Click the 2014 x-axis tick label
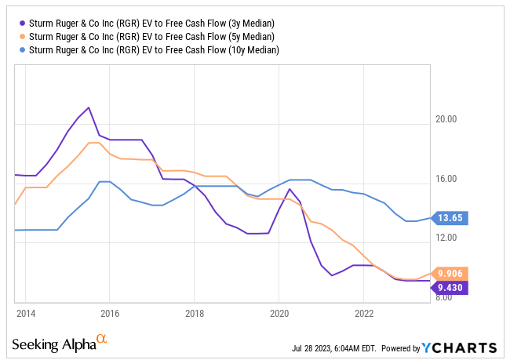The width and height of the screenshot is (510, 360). coord(25,312)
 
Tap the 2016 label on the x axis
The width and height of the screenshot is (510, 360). coord(110,312)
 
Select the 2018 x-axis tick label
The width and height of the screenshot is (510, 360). coord(195,312)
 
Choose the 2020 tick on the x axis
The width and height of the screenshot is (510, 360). coord(279,312)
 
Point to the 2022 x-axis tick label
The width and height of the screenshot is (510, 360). coord(364,312)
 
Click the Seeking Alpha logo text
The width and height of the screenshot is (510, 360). coord(53,346)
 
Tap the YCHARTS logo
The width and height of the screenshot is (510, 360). coord(459,347)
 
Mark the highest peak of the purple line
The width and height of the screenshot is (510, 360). coord(89,107)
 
